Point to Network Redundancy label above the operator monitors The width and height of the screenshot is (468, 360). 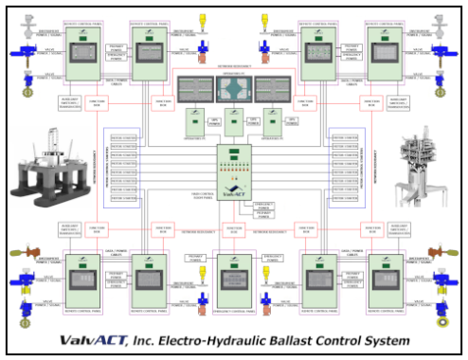pyautogui.click(x=233, y=70)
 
